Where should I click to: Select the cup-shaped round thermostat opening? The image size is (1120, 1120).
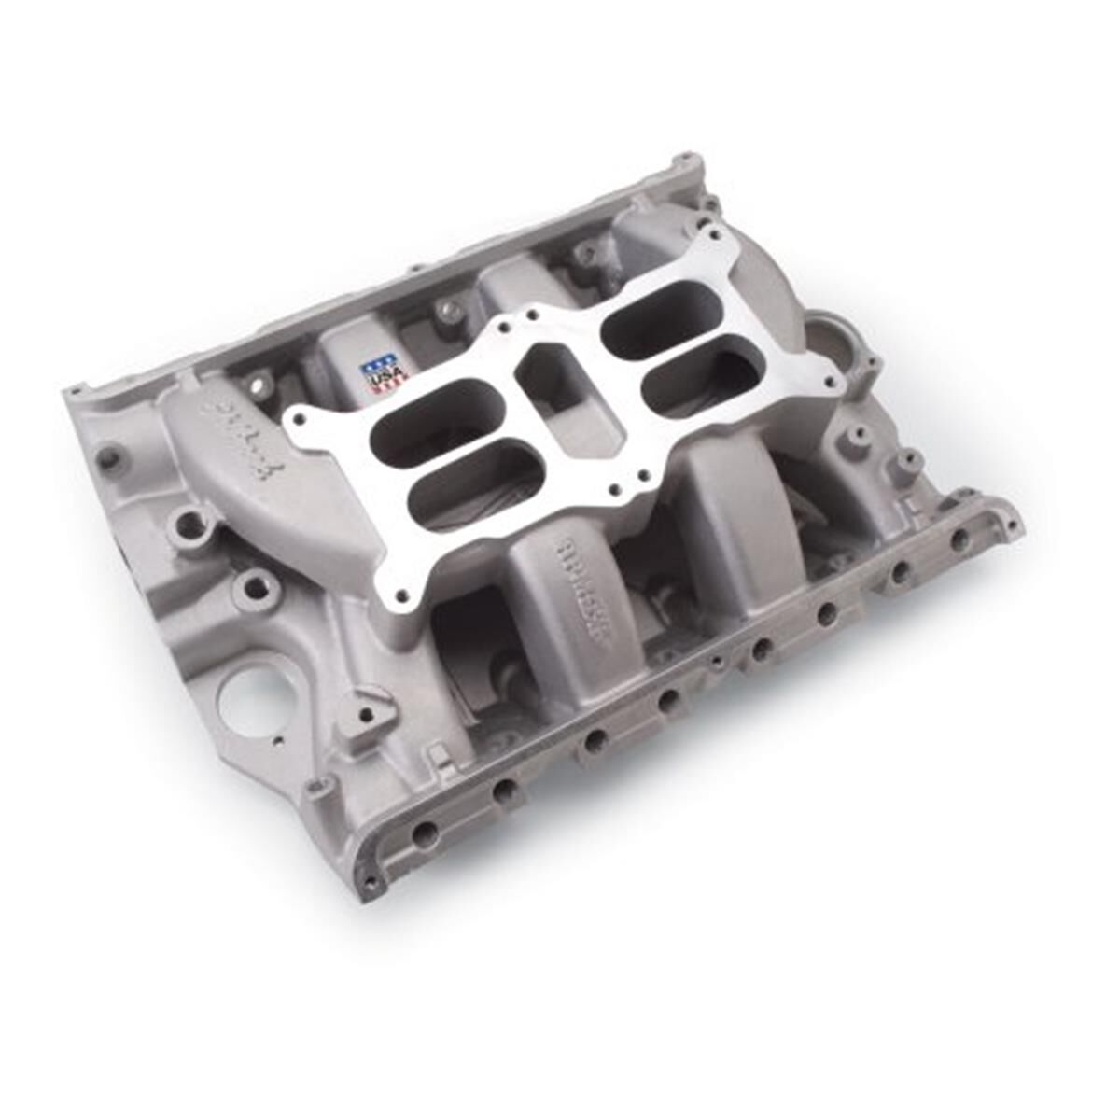830,336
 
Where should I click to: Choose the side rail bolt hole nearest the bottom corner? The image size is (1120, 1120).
424,833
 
